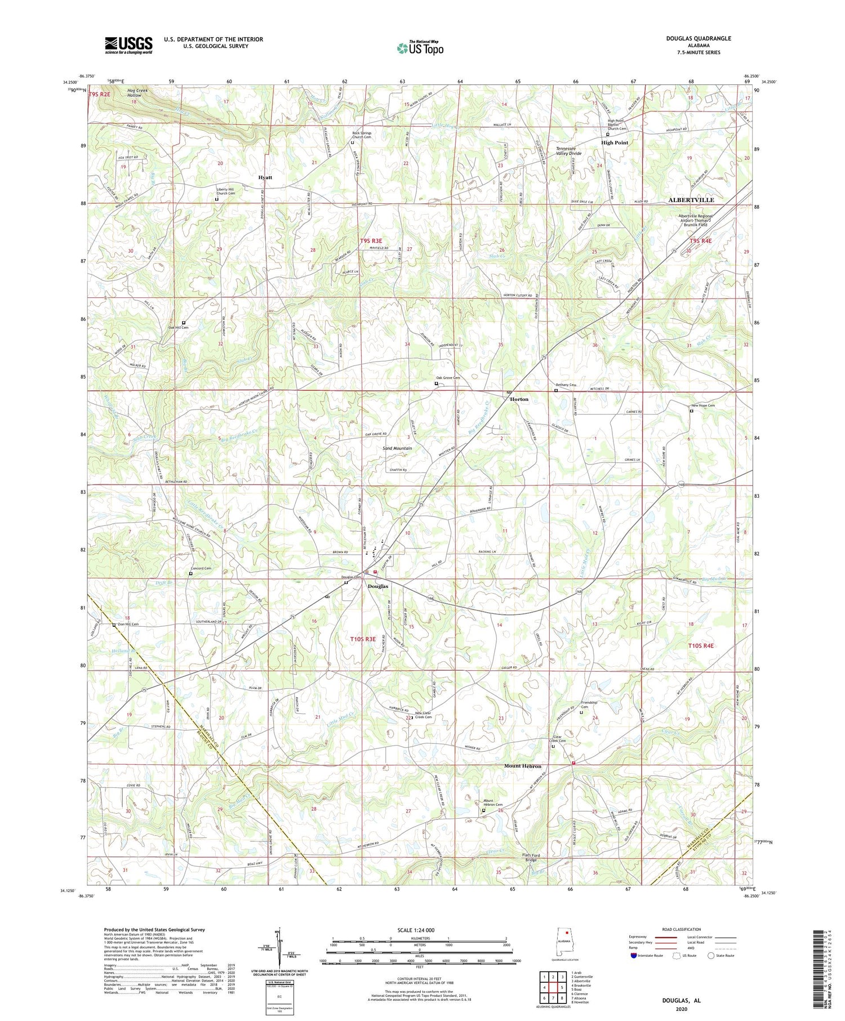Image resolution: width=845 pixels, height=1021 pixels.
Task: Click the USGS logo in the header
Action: (128, 45)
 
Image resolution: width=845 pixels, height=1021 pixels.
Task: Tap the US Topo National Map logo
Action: (420, 48)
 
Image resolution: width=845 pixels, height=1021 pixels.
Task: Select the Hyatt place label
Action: (265, 177)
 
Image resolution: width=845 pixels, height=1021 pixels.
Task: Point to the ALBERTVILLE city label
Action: (691, 200)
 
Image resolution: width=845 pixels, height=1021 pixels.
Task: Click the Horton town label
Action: (519, 399)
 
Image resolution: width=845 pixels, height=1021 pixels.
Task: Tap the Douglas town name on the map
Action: (377, 586)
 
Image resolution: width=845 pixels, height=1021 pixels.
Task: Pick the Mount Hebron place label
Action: (522, 766)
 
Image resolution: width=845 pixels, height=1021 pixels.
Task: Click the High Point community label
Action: (614, 142)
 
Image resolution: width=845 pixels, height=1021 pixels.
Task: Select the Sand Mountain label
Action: (397, 448)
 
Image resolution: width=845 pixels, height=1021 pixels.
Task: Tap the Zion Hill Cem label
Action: (128, 624)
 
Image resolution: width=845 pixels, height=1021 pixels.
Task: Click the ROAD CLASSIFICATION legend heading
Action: (682, 929)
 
